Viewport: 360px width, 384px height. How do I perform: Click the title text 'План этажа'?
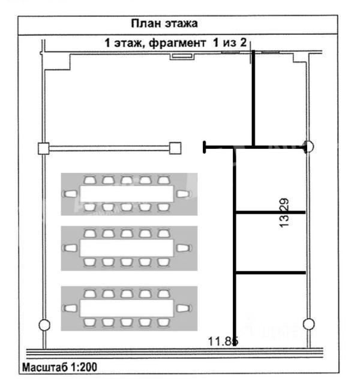[x=164, y=23]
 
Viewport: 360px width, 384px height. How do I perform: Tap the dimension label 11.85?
[x=223, y=341]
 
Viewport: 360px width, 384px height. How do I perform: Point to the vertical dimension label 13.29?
[x=284, y=213]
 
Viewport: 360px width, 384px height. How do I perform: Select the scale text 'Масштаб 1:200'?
[x=59, y=367]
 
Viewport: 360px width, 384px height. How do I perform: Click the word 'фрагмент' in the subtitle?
[x=177, y=43]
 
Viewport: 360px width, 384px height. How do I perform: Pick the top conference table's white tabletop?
[x=127, y=194]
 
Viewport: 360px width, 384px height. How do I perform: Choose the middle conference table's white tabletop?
[x=127, y=248]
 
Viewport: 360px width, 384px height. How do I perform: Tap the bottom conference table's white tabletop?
[x=127, y=308]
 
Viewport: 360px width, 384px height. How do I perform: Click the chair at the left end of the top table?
[x=70, y=194]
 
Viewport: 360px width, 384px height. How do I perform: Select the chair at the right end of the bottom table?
[x=184, y=308]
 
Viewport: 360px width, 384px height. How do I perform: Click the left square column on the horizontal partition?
[x=44, y=148]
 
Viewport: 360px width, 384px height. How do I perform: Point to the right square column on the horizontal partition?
[x=175, y=148]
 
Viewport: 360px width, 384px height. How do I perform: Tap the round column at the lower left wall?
[x=44, y=325]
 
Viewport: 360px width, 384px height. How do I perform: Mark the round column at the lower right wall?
[x=308, y=324]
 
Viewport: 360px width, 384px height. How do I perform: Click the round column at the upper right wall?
[x=308, y=146]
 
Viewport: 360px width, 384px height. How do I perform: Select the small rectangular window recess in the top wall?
[x=182, y=56]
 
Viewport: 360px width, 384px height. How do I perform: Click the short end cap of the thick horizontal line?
[x=204, y=147]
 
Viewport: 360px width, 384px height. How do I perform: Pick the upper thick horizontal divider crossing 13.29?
[x=271, y=212]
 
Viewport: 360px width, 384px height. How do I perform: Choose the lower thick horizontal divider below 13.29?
[x=271, y=272]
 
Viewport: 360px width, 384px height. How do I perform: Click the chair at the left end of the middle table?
[x=70, y=248]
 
